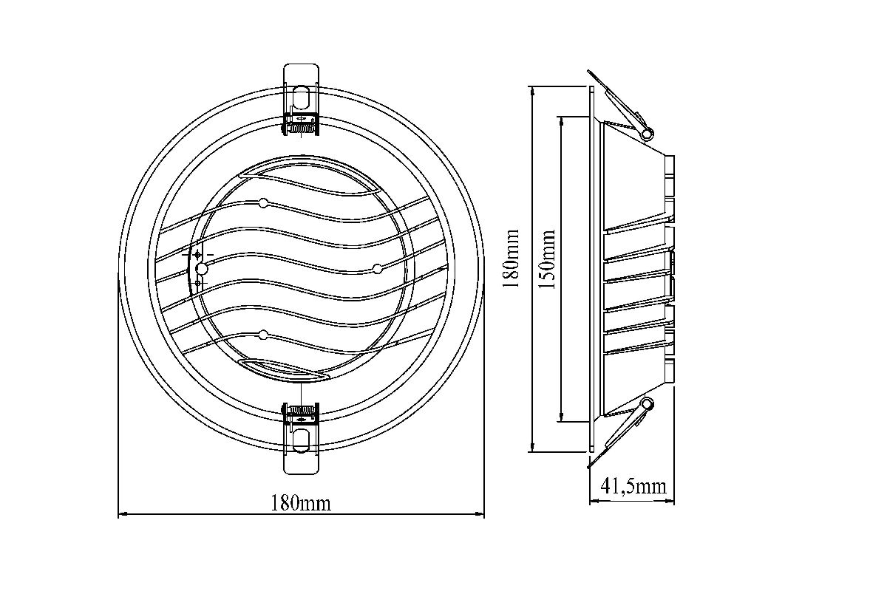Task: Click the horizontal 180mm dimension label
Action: [301, 504]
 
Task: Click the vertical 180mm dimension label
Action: [511, 259]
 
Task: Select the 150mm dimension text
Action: [547, 259]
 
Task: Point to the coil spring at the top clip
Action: [302, 129]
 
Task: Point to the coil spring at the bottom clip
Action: [302, 410]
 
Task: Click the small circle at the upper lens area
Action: [263, 203]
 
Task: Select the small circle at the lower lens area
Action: [263, 335]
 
